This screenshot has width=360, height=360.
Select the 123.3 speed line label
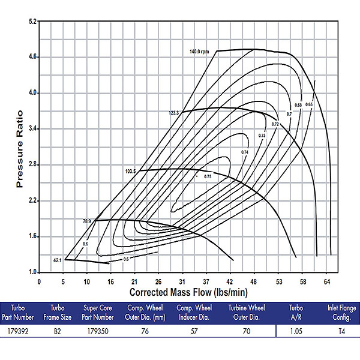tap(174, 113)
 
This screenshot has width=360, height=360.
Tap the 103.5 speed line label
tap(131, 172)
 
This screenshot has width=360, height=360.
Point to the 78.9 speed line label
tap(86, 221)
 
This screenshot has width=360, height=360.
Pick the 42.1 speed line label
tap(57, 260)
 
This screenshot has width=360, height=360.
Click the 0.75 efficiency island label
tap(208, 176)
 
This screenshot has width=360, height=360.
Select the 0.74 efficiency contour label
tap(245, 153)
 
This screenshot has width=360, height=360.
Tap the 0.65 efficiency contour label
tap(309, 105)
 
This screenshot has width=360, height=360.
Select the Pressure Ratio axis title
tap(20, 148)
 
